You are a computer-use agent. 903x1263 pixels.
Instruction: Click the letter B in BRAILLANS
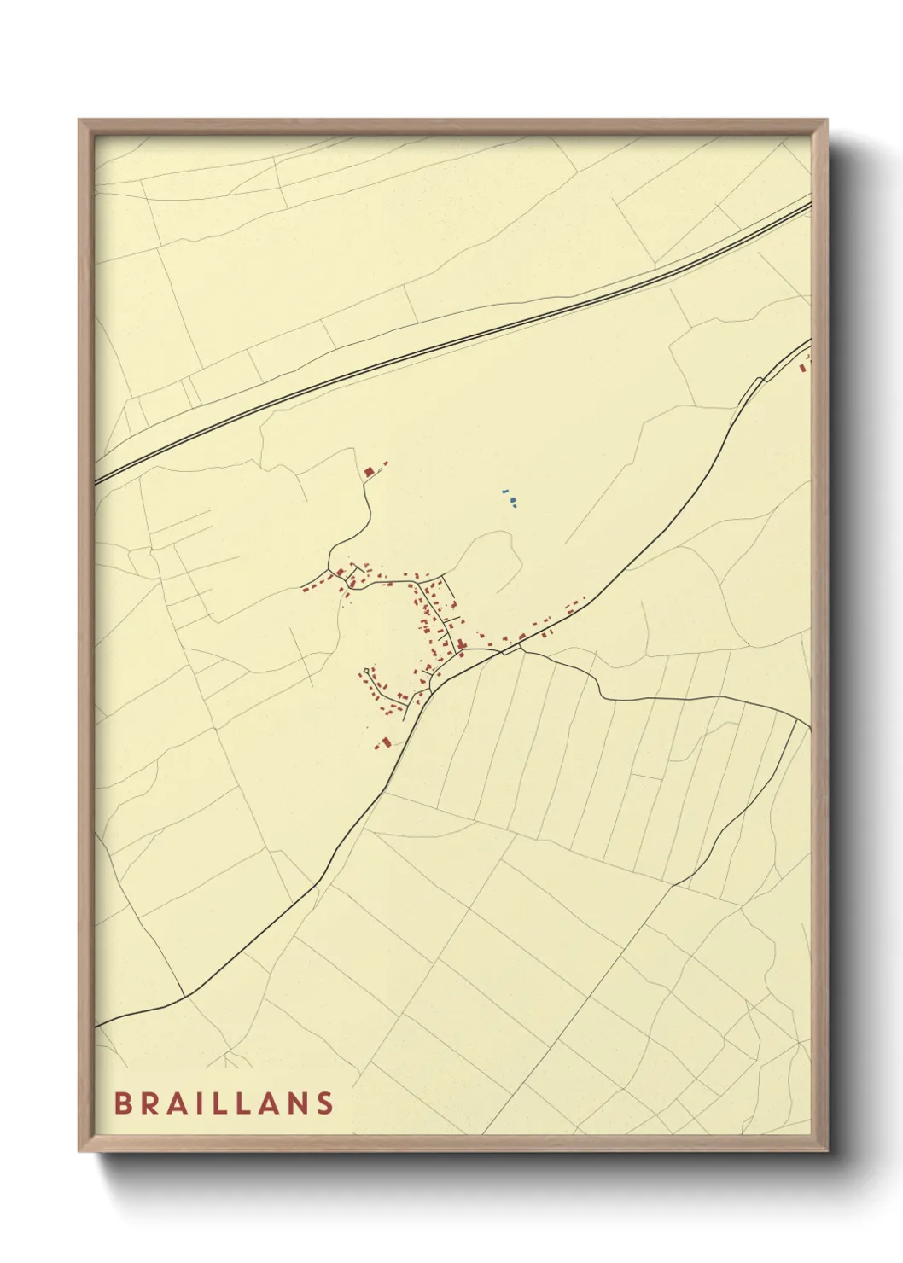[x=122, y=1103]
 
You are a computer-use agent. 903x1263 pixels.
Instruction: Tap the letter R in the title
[x=150, y=1103]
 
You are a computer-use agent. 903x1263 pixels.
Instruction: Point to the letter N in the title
[x=295, y=1103]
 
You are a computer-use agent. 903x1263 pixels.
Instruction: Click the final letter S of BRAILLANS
[x=324, y=1103]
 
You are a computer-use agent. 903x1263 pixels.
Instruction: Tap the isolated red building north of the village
[x=370, y=471]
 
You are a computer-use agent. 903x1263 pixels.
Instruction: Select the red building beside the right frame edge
[x=802, y=368]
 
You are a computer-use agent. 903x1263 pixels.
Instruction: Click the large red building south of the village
[x=384, y=742]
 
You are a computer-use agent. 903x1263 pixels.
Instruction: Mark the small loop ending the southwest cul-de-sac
[x=367, y=672]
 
